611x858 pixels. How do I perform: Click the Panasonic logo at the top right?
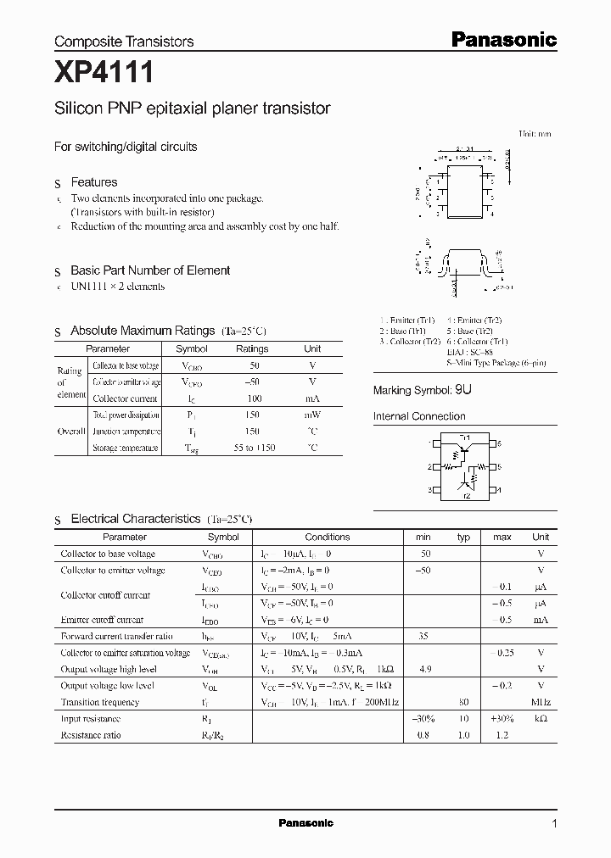point(502,40)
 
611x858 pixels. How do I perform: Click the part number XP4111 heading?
point(104,74)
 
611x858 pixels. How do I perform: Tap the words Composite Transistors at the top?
point(124,42)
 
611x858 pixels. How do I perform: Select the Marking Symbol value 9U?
point(463,390)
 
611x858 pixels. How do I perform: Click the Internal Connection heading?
point(419,416)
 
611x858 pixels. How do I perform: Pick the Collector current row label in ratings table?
point(125,398)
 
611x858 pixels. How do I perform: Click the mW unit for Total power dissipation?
point(312,415)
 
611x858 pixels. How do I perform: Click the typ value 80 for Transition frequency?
point(463,702)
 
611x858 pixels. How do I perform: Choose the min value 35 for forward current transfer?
point(423,636)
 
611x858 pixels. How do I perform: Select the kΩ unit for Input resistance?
point(541,718)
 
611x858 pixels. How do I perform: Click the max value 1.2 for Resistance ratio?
point(502,735)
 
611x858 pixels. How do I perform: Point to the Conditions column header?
point(327,537)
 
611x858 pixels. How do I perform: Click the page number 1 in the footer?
point(554,823)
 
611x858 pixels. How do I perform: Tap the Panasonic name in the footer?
point(305,823)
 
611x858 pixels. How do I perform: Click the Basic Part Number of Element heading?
point(150,270)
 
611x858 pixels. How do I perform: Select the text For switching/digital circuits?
point(126,147)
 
